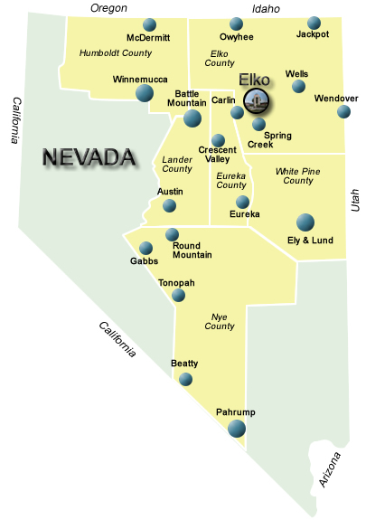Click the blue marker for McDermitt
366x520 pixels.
149,24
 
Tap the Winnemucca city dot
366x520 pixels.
144,92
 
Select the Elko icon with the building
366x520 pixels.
256,99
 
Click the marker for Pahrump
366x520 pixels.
236,429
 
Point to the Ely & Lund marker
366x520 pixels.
305,221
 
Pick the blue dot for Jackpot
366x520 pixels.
314,23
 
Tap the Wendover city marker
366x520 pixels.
343,111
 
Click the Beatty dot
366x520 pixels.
185,379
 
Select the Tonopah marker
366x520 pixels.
178,295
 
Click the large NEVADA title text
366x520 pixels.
89,158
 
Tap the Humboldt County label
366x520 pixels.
116,53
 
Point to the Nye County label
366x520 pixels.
220,321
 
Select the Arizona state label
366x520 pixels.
332,469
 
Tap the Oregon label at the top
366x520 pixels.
108,8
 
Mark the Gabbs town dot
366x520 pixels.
145,248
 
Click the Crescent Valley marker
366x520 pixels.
218,140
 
